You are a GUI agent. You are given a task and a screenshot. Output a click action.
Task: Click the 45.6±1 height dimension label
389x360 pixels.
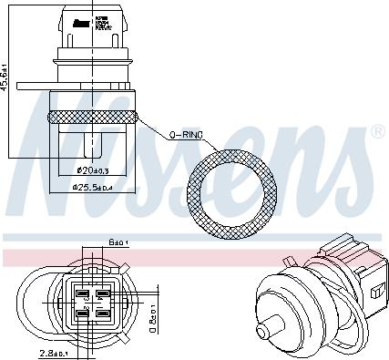pos(7,78)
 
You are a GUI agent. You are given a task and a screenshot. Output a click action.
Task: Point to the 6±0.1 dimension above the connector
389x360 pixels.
pos(118,242)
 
